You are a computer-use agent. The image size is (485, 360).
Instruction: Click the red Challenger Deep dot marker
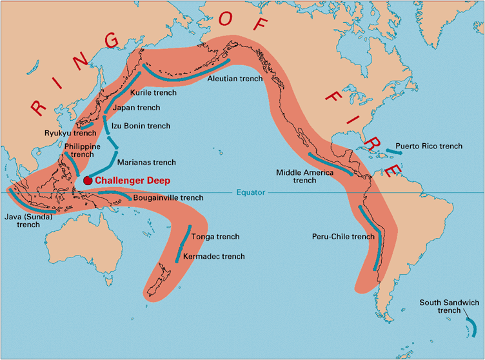pyautogui.click(x=88, y=181)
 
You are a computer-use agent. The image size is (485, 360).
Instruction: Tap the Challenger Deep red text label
pyautogui.click(x=132, y=181)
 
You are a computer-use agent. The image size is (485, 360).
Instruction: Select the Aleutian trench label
pyautogui.click(x=235, y=79)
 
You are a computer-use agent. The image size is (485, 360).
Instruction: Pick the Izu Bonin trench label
pyautogui.click(x=141, y=126)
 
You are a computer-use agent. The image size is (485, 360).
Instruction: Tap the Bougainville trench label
pyautogui.click(x=168, y=198)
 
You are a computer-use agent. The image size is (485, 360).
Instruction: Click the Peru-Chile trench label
pyautogui.click(x=342, y=237)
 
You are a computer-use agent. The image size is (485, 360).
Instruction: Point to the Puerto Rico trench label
pyautogui.click(x=429, y=146)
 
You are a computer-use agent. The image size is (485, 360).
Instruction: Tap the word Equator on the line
pyautogui.click(x=251, y=192)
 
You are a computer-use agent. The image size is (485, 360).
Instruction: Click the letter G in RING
pyautogui.click(x=111, y=40)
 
